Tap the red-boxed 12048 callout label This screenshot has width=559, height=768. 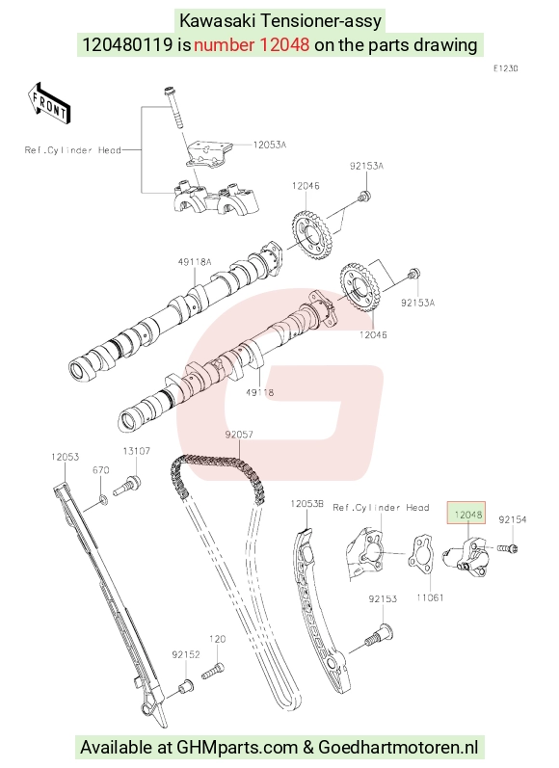point(467,515)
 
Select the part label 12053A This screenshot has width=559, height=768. point(270,145)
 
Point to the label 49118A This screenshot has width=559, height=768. point(195,262)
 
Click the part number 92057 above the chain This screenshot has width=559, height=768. point(239,435)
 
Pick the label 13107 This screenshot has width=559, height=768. point(136,451)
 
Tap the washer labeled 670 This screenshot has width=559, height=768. point(102,499)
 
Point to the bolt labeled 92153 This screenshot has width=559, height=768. point(379,634)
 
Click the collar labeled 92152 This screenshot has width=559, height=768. point(185,686)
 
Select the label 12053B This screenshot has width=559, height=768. point(307,504)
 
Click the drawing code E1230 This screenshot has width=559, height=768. point(505,68)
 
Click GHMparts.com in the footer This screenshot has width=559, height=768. point(237,748)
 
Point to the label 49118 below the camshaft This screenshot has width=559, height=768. point(259,392)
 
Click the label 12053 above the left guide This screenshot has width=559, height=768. point(65,457)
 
